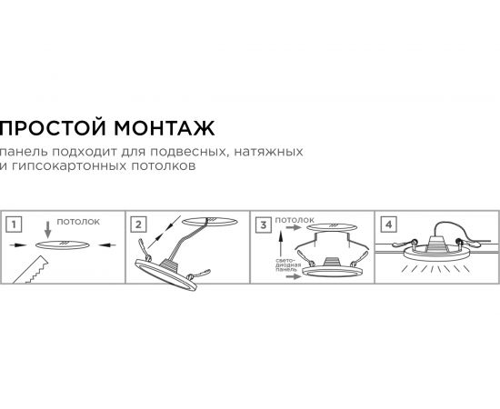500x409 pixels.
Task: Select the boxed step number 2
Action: coord(139,223)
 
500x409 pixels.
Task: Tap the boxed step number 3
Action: coord(264,223)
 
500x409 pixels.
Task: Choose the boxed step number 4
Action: coord(389,223)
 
